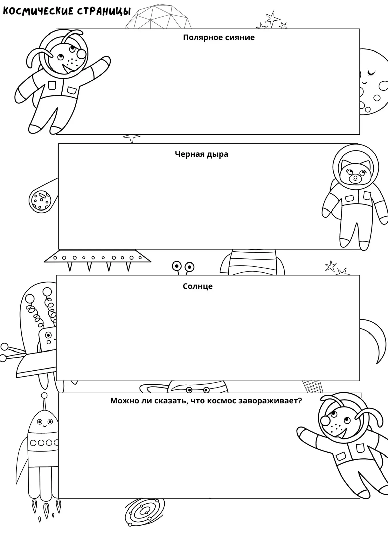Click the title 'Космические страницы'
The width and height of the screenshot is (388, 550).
(67, 11)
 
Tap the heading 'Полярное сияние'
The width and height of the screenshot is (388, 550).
(219, 38)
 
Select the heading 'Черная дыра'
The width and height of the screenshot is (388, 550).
(202, 154)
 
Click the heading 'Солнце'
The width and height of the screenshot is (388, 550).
(198, 286)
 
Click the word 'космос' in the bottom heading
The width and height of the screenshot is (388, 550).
(221, 400)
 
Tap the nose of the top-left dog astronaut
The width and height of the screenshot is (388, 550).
(81, 54)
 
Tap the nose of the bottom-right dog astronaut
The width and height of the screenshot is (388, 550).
(325, 421)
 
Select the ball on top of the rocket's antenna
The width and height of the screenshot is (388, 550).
(44, 395)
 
